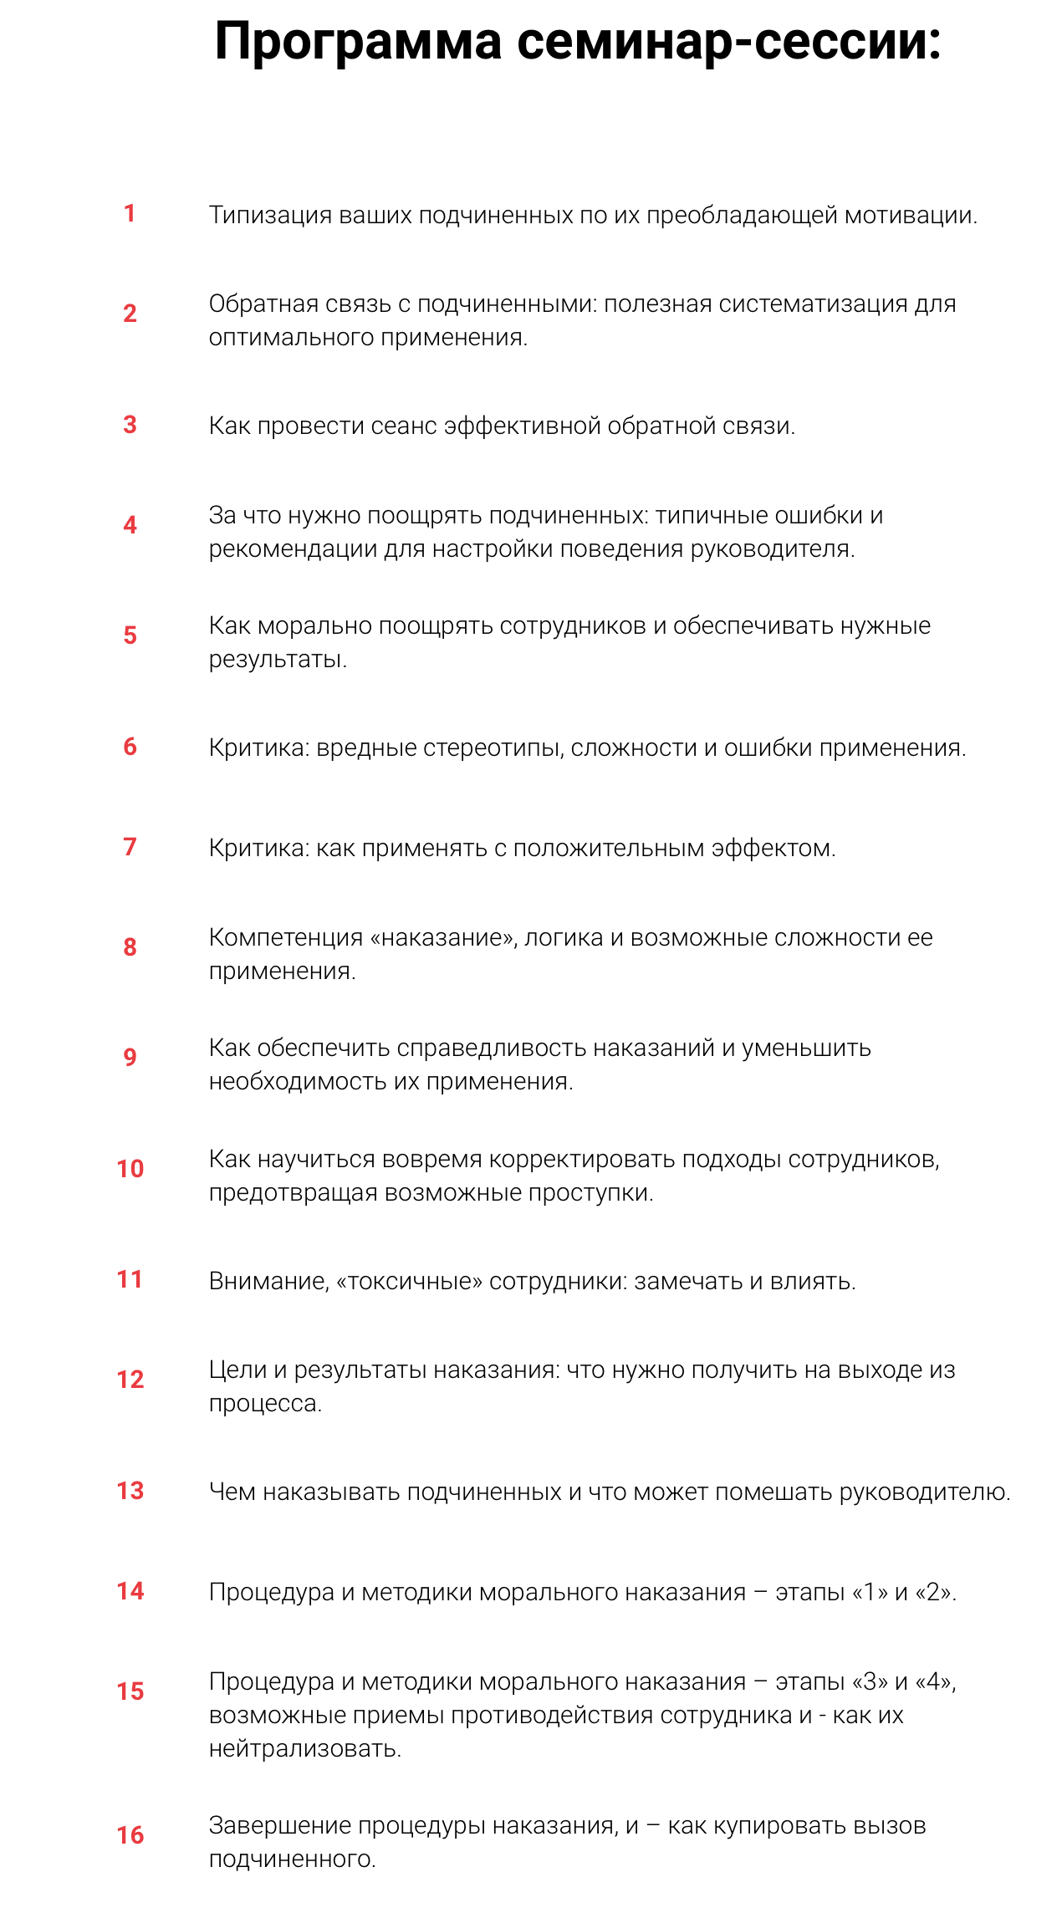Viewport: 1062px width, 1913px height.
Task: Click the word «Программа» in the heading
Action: (358, 42)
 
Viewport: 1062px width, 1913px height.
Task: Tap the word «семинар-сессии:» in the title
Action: (729, 42)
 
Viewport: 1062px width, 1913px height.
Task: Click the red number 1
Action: (130, 213)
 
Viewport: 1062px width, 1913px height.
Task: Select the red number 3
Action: (130, 425)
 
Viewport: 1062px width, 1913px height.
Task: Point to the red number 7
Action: (130, 847)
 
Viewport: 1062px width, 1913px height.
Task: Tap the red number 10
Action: (130, 1169)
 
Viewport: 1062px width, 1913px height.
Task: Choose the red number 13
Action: (130, 1491)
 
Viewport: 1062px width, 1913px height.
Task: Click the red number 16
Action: (130, 1835)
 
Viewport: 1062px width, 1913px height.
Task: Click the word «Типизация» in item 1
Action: (270, 216)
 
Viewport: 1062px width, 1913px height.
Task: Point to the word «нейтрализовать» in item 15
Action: (304, 1749)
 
